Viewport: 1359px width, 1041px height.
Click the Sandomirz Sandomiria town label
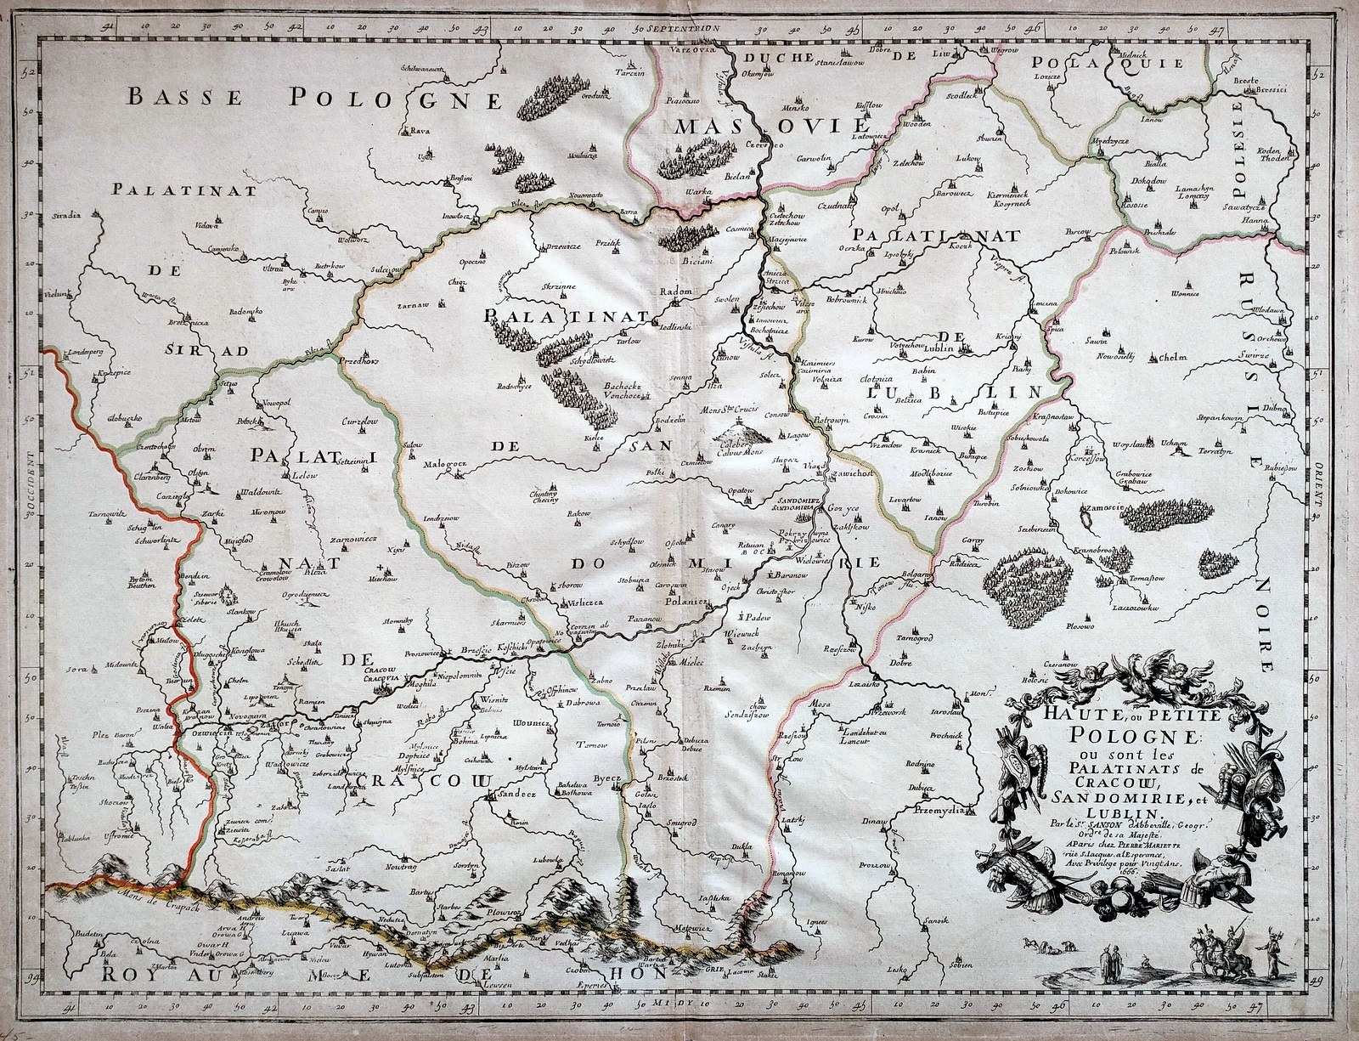798,503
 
